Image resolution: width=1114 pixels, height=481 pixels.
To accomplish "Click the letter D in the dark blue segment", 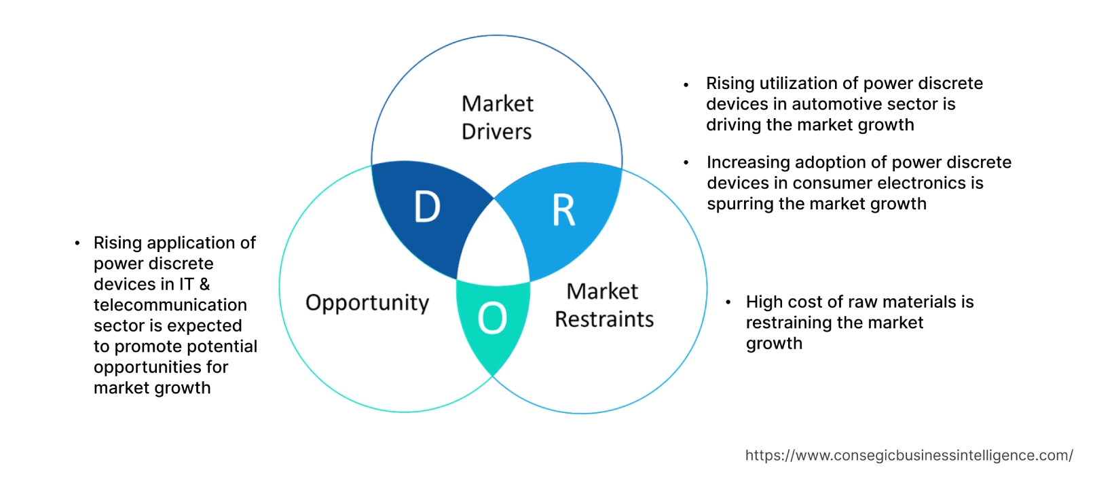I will click(427, 207).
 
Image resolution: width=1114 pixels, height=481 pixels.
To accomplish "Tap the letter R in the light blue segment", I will click(563, 211).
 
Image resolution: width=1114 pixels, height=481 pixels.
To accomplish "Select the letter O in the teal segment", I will click(492, 318).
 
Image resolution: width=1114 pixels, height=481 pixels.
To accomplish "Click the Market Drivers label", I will click(497, 118).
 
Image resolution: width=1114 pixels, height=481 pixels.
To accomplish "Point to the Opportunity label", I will click(367, 302).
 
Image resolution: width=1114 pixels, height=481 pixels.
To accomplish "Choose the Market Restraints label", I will click(604, 305).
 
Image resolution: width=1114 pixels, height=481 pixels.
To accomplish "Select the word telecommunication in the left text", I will click(170, 305).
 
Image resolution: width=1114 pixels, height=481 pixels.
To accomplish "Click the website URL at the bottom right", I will click(909, 455).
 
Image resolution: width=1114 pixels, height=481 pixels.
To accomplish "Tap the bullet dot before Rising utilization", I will click(686, 85).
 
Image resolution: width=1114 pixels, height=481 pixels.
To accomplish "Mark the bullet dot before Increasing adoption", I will click(686, 163).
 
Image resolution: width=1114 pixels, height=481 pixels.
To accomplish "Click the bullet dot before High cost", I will click(728, 302).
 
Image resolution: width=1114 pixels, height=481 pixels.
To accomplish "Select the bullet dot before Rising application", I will click(77, 243).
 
